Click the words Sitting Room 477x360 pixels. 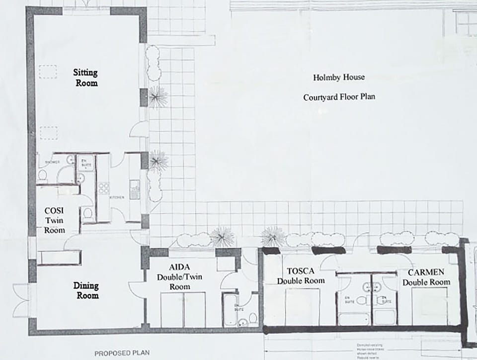(86, 77)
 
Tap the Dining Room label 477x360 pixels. (86, 290)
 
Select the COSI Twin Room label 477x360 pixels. (55, 221)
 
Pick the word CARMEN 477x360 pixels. (426, 272)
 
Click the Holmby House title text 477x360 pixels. (339, 78)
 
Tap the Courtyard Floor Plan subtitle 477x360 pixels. (339, 97)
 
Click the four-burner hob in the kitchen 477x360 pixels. (104, 188)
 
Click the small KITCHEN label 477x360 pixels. (117, 198)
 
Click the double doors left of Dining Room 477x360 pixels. (21, 300)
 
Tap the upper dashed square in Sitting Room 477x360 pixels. (48, 73)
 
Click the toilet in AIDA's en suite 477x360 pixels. (252, 318)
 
